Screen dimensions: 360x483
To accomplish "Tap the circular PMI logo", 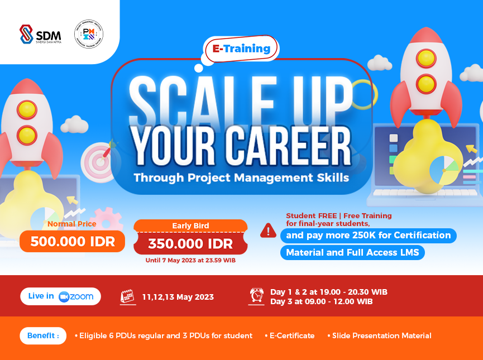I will click(89, 33).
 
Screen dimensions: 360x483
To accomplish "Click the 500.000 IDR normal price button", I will click(72, 242).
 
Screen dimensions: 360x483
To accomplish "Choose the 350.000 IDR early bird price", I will click(190, 244).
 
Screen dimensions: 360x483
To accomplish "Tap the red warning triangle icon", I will click(268, 230).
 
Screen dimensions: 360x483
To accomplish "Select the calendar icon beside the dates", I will click(128, 297).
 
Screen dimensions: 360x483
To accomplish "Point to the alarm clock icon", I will click(257, 296).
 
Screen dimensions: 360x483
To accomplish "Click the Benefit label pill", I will click(42, 335).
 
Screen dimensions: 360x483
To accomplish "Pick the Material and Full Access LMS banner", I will click(353, 252).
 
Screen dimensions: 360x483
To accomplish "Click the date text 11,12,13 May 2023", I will click(178, 297).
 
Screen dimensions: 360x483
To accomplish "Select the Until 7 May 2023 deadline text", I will click(190, 260).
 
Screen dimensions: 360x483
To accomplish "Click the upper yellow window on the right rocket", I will click(426, 57).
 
